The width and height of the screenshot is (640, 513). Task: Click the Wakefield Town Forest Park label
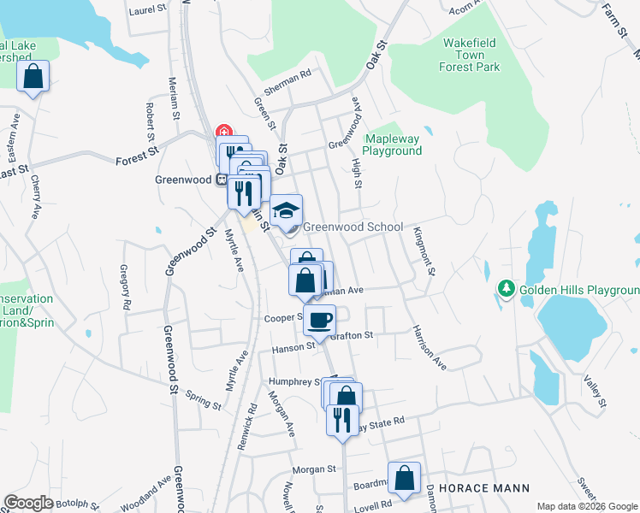coord(470,54)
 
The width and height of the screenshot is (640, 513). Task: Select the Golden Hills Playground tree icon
coord(507,291)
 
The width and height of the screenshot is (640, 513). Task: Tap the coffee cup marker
coord(319,321)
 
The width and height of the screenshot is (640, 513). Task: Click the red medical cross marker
coord(224,133)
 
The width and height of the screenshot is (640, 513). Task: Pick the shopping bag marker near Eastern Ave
coord(33,75)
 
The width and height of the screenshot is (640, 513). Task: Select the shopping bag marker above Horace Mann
coord(404,477)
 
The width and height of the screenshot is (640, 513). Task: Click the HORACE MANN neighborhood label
coord(483,488)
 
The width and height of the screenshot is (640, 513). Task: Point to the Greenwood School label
coord(353,227)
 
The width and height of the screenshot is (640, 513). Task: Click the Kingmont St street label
coord(424,251)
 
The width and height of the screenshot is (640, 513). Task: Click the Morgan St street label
coord(313,469)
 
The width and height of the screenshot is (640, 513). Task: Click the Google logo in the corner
coord(28,503)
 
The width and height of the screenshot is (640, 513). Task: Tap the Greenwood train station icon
coord(221,180)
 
